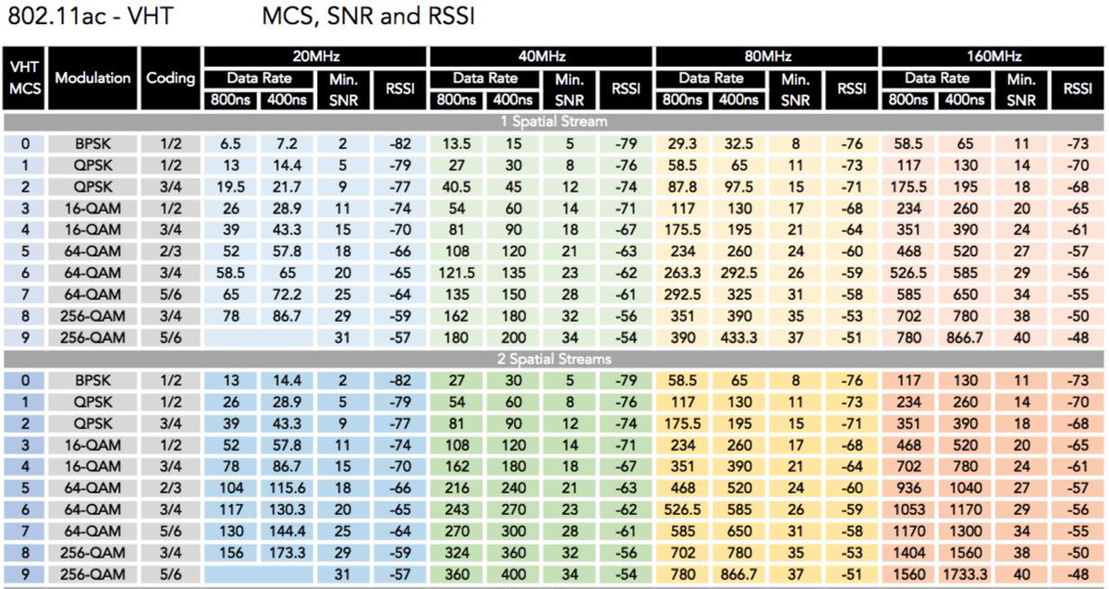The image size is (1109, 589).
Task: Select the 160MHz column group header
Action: (x=993, y=56)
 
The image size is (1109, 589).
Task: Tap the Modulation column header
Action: (x=92, y=79)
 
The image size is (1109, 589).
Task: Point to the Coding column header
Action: (x=170, y=79)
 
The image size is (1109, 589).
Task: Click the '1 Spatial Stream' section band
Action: (x=554, y=121)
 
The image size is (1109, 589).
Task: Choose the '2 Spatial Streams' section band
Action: (x=554, y=358)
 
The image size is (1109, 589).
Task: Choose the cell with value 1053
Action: (x=910, y=509)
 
